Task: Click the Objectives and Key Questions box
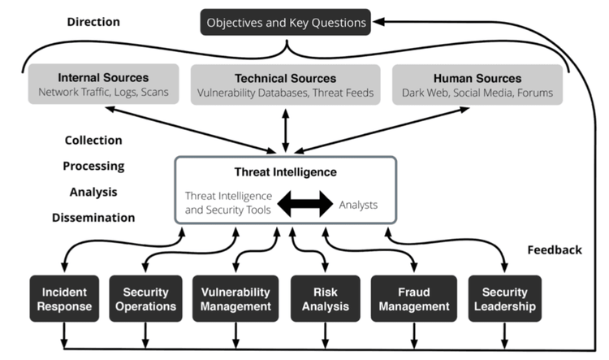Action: point(286,22)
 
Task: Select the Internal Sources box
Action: point(103,85)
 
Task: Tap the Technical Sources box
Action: point(285,85)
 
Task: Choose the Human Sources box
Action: point(477,85)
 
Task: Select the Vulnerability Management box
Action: point(236,298)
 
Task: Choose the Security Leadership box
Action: point(504,298)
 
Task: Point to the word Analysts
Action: point(358,205)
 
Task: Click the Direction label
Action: point(93,22)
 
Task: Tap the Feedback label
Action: point(555,249)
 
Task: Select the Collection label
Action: point(93,140)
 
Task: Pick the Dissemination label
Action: point(93,217)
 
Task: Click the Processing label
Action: point(93,166)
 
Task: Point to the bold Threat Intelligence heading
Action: point(285,172)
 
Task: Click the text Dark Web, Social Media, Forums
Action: point(477,93)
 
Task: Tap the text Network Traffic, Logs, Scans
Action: point(103,93)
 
